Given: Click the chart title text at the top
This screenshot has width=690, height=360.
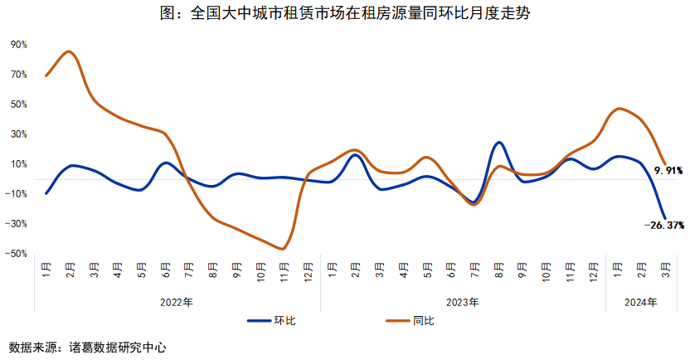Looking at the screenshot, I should click(344, 14).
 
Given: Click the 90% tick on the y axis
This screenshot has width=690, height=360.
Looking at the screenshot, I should click(19, 45).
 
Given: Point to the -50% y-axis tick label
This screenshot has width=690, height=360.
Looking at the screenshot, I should click(17, 253).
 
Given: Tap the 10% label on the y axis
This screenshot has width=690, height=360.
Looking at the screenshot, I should click(19, 163).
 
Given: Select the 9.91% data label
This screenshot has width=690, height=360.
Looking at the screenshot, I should click(668, 170).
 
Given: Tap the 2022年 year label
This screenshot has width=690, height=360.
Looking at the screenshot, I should click(177, 303).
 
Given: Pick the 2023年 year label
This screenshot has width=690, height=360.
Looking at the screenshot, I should click(462, 303).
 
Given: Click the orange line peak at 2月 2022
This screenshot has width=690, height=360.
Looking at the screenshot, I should click(70, 51).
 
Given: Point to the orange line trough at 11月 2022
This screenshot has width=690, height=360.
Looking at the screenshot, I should click(284, 249).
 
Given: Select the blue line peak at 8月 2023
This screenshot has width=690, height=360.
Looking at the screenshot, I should click(498, 142).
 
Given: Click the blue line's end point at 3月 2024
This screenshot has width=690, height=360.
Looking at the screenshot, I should click(664, 217).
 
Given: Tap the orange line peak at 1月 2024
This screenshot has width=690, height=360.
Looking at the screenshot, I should click(619, 108).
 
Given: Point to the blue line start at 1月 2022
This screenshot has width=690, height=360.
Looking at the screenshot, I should click(46, 193).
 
